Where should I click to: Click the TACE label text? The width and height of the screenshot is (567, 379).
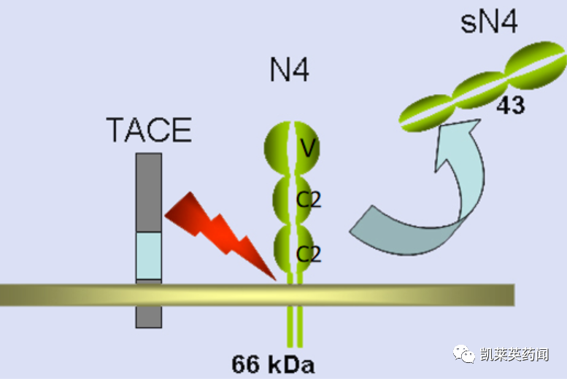click(x=149, y=130)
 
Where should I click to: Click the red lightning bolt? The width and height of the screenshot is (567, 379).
click(x=219, y=230)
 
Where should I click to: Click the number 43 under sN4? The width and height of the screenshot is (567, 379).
click(x=509, y=106)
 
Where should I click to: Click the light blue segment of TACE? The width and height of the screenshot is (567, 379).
click(x=149, y=255)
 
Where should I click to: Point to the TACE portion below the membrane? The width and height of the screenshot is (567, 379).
click(x=149, y=316)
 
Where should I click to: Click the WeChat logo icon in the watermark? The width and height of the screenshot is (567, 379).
click(x=465, y=354)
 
